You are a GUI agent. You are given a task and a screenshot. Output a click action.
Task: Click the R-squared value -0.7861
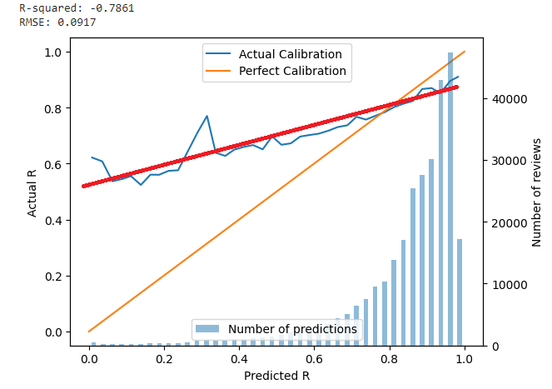click(112, 7)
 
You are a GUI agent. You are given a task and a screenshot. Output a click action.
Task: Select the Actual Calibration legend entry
click(291, 54)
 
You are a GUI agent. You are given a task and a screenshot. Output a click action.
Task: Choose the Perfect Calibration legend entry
click(292, 71)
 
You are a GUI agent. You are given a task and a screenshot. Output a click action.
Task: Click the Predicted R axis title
click(276, 376)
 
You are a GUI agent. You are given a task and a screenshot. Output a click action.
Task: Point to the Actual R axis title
click(32, 193)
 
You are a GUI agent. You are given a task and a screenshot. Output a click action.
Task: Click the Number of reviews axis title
click(537, 193)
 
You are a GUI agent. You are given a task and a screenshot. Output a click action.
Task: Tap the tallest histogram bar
click(450, 200)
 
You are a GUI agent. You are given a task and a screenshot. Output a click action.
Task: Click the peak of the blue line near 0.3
click(206, 116)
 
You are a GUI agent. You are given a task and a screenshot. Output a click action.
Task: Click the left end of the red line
click(83, 186)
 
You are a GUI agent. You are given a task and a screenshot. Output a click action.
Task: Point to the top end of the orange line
click(465, 52)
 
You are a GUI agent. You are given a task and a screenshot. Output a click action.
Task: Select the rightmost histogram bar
click(460, 292)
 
